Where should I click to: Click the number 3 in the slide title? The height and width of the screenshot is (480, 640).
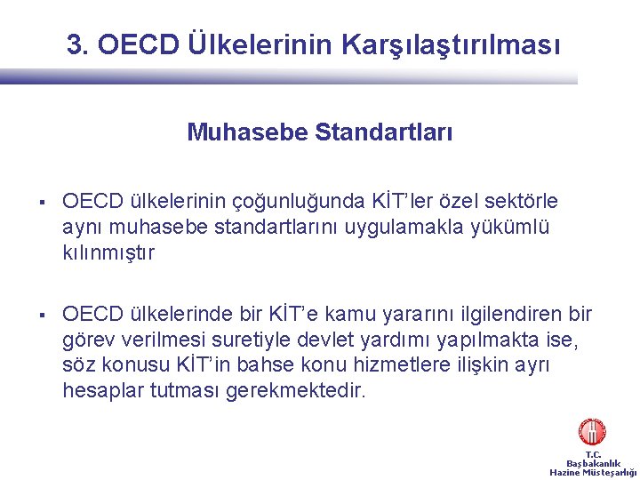(75, 44)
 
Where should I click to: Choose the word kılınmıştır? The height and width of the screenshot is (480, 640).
(108, 253)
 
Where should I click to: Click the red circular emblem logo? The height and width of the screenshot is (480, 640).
(592, 433)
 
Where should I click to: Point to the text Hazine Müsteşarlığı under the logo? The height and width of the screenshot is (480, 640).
(593, 473)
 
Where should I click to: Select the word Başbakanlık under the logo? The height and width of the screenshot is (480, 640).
(593, 463)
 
